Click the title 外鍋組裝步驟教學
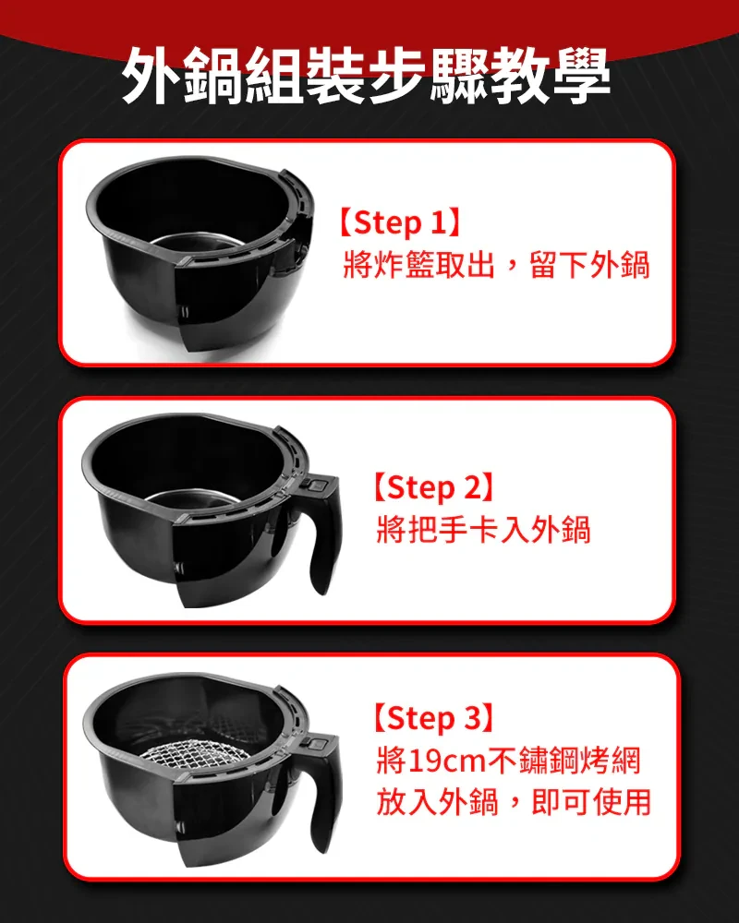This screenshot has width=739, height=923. [x=366, y=75]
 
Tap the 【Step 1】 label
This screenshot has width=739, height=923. [x=399, y=222]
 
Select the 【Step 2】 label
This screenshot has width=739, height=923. [x=433, y=486]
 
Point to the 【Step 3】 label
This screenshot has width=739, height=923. [x=433, y=717]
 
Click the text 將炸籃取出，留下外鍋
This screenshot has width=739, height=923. [x=496, y=265]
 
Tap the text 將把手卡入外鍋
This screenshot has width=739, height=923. [x=483, y=529]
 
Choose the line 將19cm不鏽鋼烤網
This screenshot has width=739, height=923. [x=508, y=760]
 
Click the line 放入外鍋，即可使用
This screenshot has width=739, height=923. [x=514, y=802]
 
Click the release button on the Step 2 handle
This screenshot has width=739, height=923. [x=317, y=486]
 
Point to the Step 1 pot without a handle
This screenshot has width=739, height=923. [x=199, y=253]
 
